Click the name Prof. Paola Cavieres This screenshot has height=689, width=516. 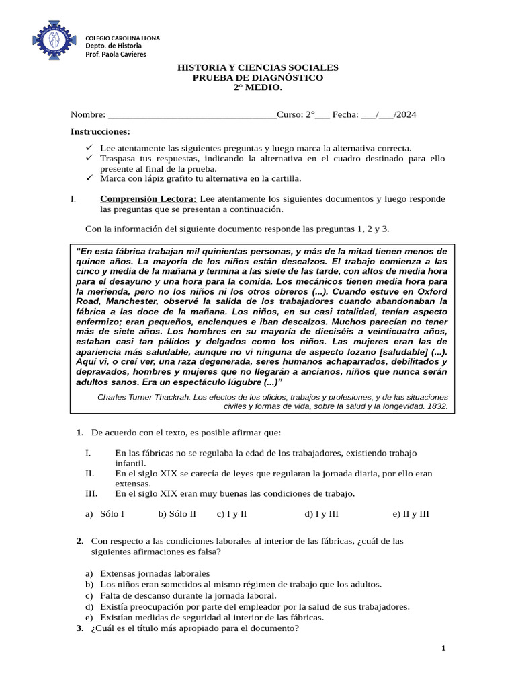click(x=115, y=54)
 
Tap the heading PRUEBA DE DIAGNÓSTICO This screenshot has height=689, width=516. click(x=257, y=78)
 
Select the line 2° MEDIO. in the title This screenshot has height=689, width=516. click(x=257, y=88)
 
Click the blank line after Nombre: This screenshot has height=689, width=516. click(x=191, y=115)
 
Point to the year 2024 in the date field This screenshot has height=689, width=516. click(x=406, y=115)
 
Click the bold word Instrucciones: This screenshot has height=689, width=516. click(x=100, y=131)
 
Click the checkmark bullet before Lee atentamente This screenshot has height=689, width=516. click(x=90, y=148)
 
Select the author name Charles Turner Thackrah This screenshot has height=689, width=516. click(x=145, y=397)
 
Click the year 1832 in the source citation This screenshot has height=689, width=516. click(x=436, y=406)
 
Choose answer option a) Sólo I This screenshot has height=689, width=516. click(x=105, y=514)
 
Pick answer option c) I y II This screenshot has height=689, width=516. click(x=232, y=514)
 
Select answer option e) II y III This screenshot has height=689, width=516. click(x=411, y=514)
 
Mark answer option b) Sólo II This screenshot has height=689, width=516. click(x=177, y=514)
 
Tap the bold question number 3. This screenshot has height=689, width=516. click(x=80, y=628)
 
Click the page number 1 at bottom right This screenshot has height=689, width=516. click(x=444, y=648)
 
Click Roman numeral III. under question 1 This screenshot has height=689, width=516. click(x=91, y=493)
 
